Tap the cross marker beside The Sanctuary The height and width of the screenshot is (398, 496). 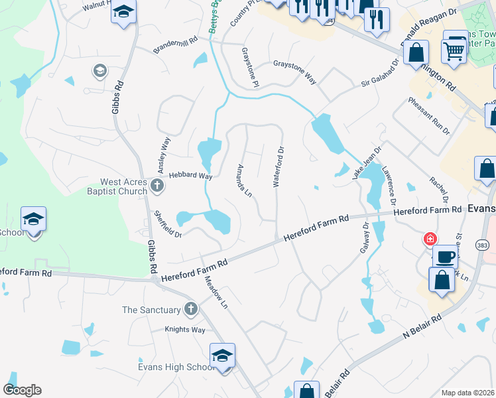point(190,308)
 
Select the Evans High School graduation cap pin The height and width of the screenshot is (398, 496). point(222,356)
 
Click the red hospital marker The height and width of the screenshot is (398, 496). point(430,238)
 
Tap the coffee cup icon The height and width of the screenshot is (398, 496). point(444,257)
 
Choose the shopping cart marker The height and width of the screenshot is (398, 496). point(454,48)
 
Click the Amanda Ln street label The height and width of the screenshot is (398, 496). point(245,181)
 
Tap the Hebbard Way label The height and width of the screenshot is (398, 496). point(190,176)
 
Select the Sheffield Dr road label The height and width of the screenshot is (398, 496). point(168,224)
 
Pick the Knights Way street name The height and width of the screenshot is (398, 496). point(185,330)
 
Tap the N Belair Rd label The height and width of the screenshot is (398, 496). point(422,328)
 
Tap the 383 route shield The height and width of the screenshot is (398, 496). point(482,246)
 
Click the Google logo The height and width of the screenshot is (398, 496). point(22,390)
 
